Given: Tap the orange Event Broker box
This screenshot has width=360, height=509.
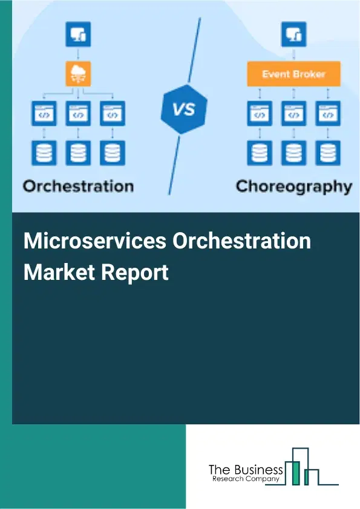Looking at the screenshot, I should pyautogui.click(x=293, y=74).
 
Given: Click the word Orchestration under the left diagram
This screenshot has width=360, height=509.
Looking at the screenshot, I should pyautogui.click(x=78, y=185).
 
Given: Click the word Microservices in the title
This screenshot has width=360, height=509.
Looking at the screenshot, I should pyautogui.click(x=95, y=241).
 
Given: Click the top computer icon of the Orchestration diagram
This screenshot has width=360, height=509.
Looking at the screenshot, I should pyautogui.click(x=79, y=34).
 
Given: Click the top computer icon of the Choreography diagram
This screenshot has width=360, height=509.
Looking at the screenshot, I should pyautogui.click(x=293, y=34).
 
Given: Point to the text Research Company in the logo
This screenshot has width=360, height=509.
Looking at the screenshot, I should pyautogui.click(x=246, y=479).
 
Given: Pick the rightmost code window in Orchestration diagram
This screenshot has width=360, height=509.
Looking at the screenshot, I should pyautogui.click(x=111, y=112).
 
